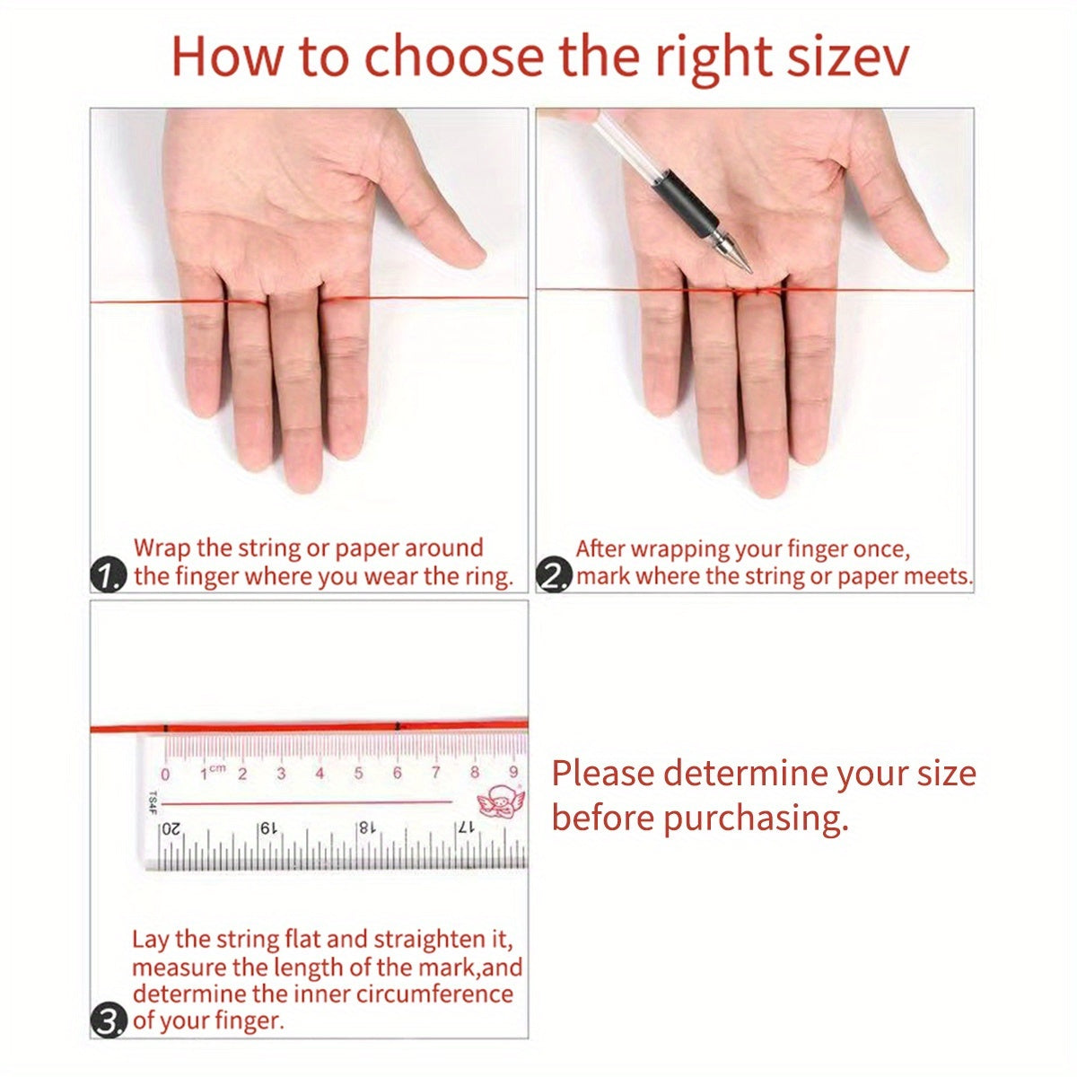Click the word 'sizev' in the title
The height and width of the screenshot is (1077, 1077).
(x=847, y=57)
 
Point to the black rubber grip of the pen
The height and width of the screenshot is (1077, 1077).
(x=685, y=201)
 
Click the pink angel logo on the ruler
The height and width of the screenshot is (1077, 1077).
(x=500, y=802)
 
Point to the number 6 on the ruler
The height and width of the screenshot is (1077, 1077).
(x=397, y=773)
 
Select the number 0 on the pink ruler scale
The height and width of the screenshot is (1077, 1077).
(x=165, y=775)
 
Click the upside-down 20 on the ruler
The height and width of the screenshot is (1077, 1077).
(x=171, y=829)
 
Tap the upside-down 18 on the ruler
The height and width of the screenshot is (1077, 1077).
(x=365, y=827)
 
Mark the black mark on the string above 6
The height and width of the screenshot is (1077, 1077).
(x=398, y=727)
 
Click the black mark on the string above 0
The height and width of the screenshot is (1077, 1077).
(x=166, y=728)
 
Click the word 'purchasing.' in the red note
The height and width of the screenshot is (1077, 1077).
(x=756, y=819)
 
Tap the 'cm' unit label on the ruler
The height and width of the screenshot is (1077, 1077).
(x=217, y=768)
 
